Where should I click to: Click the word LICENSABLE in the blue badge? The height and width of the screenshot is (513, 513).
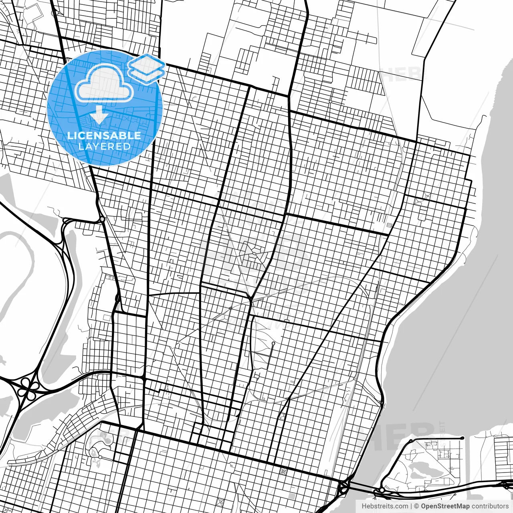[x=104, y=135]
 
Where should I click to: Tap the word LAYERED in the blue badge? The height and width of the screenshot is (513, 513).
[x=104, y=146]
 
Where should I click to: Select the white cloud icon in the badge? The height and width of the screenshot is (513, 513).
[x=104, y=83]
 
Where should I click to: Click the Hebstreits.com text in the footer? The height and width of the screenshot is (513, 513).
[x=385, y=506]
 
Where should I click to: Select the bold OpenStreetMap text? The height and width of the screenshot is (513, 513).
[x=445, y=506]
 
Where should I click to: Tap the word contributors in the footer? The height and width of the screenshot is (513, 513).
[x=490, y=506]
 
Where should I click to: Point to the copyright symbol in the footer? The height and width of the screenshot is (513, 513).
[x=416, y=506]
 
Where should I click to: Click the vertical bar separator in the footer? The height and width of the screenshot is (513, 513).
[x=411, y=506]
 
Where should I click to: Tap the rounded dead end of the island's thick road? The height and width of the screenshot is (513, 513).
[x=463, y=438]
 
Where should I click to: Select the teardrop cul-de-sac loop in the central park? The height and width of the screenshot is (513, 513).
[x=273, y=344]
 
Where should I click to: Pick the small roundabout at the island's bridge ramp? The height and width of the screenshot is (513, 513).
[x=382, y=490]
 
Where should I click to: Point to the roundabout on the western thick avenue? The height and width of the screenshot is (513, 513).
[x=102, y=219]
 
